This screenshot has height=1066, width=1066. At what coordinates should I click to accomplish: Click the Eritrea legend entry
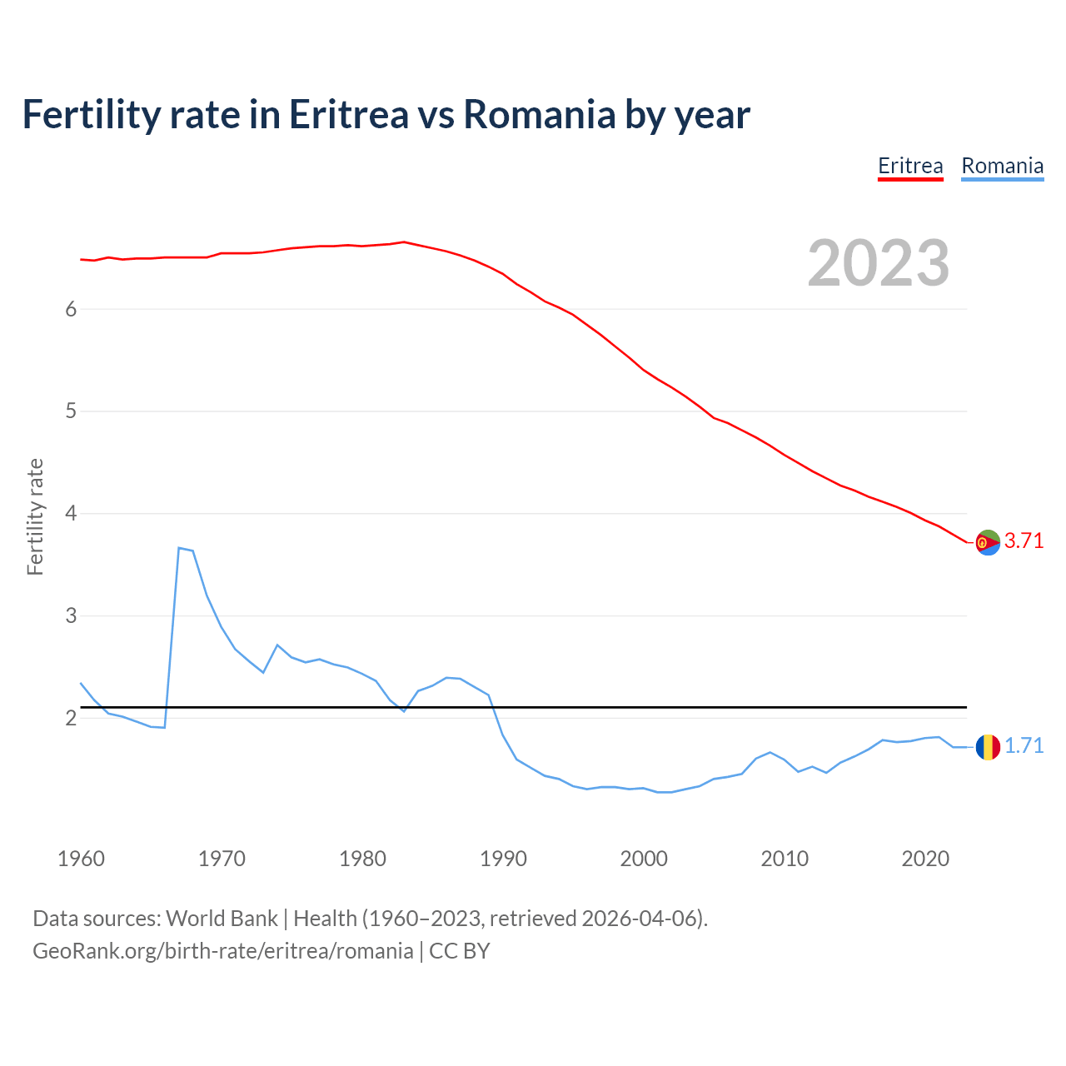click(910, 166)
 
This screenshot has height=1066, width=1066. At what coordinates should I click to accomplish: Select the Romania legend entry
click(1002, 166)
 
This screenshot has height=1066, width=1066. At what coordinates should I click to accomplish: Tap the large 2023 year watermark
click(879, 263)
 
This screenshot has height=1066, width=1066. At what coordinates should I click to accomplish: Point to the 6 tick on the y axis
click(71, 309)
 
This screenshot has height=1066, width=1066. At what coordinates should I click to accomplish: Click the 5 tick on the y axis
click(71, 411)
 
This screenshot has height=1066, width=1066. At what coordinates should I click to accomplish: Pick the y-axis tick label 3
click(71, 615)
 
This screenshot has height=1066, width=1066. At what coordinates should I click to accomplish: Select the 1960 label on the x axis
click(81, 859)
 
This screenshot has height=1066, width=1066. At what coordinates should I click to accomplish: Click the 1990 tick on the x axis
click(503, 859)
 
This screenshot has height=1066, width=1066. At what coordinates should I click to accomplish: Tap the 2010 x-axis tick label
click(785, 859)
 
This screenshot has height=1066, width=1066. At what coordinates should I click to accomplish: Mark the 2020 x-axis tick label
click(925, 859)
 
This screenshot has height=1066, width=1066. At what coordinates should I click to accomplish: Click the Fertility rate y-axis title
click(35, 516)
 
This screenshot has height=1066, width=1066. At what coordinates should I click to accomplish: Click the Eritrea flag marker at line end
click(988, 542)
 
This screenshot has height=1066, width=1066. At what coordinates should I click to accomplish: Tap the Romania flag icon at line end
click(988, 747)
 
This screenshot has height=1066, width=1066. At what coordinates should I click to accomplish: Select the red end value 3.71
click(1024, 540)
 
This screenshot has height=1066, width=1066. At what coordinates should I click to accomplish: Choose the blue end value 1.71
click(1024, 745)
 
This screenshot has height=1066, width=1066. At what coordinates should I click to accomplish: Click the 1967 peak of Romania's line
click(179, 548)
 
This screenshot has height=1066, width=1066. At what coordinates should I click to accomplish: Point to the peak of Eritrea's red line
click(404, 242)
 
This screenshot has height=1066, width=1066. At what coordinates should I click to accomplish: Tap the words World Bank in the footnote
click(222, 918)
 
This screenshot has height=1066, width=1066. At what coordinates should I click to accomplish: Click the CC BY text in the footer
click(459, 951)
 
